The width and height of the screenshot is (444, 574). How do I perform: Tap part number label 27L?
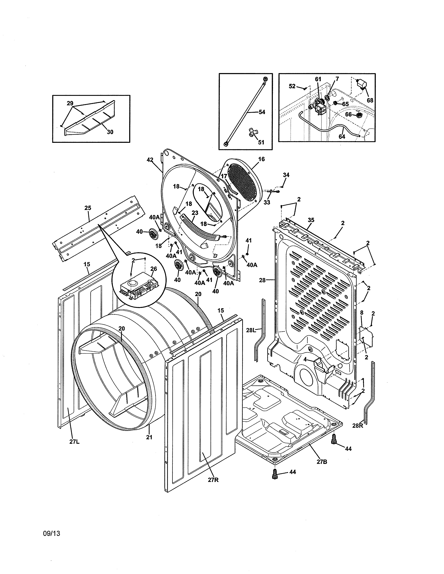75,442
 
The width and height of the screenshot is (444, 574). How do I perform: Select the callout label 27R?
213,480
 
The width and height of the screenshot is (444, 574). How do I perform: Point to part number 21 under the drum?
149,437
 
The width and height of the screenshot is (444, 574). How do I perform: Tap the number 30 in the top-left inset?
110,132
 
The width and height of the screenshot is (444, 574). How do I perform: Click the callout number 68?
370,100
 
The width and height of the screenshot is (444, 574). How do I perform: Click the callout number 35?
311,220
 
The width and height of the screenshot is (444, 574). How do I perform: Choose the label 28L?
251,330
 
